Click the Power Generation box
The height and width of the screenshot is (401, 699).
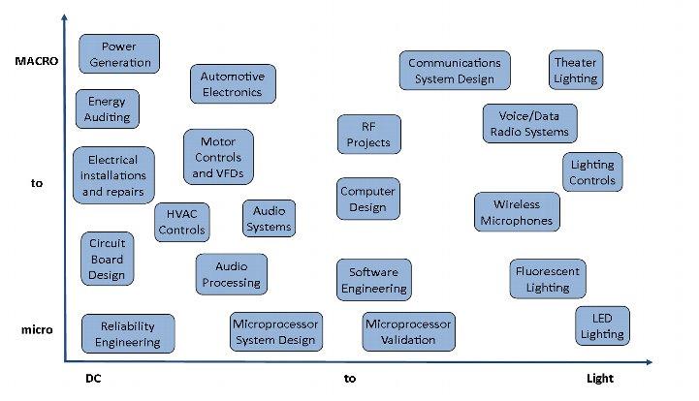pos(119,54)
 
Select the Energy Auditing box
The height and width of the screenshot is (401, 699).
pos(107,108)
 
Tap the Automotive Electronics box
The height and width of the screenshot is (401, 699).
pos(233,83)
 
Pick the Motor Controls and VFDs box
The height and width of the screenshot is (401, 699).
pos(218,157)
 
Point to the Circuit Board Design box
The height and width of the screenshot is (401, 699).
pos(107,259)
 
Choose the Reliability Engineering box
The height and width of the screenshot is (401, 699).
pos(128,334)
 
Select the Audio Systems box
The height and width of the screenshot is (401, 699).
pos(269,218)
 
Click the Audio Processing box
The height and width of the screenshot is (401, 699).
pos(231,274)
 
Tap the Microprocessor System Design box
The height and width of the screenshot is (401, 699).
pos(276,331)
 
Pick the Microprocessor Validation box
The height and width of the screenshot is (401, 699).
pos(408,331)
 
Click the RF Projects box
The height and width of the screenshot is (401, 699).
pos(368,135)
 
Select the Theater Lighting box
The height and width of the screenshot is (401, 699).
pos(576,70)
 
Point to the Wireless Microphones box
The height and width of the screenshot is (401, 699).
pos(517,212)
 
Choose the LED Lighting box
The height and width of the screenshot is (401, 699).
pos(602,326)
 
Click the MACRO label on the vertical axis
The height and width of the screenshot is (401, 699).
pos(38,60)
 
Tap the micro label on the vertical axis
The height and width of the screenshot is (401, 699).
pos(37,330)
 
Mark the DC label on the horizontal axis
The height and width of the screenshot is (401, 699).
pos(93,379)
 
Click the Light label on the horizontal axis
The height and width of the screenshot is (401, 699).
pos(600,379)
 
